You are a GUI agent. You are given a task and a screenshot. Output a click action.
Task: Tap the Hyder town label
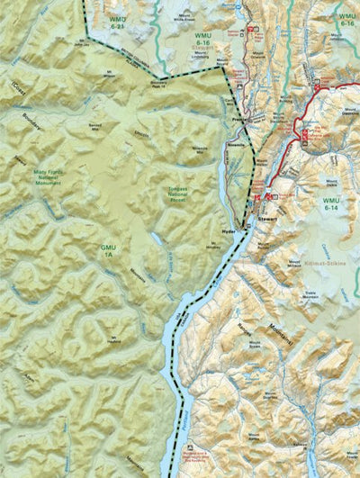(227, 232)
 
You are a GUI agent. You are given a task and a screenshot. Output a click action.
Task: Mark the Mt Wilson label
(112, 75)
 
